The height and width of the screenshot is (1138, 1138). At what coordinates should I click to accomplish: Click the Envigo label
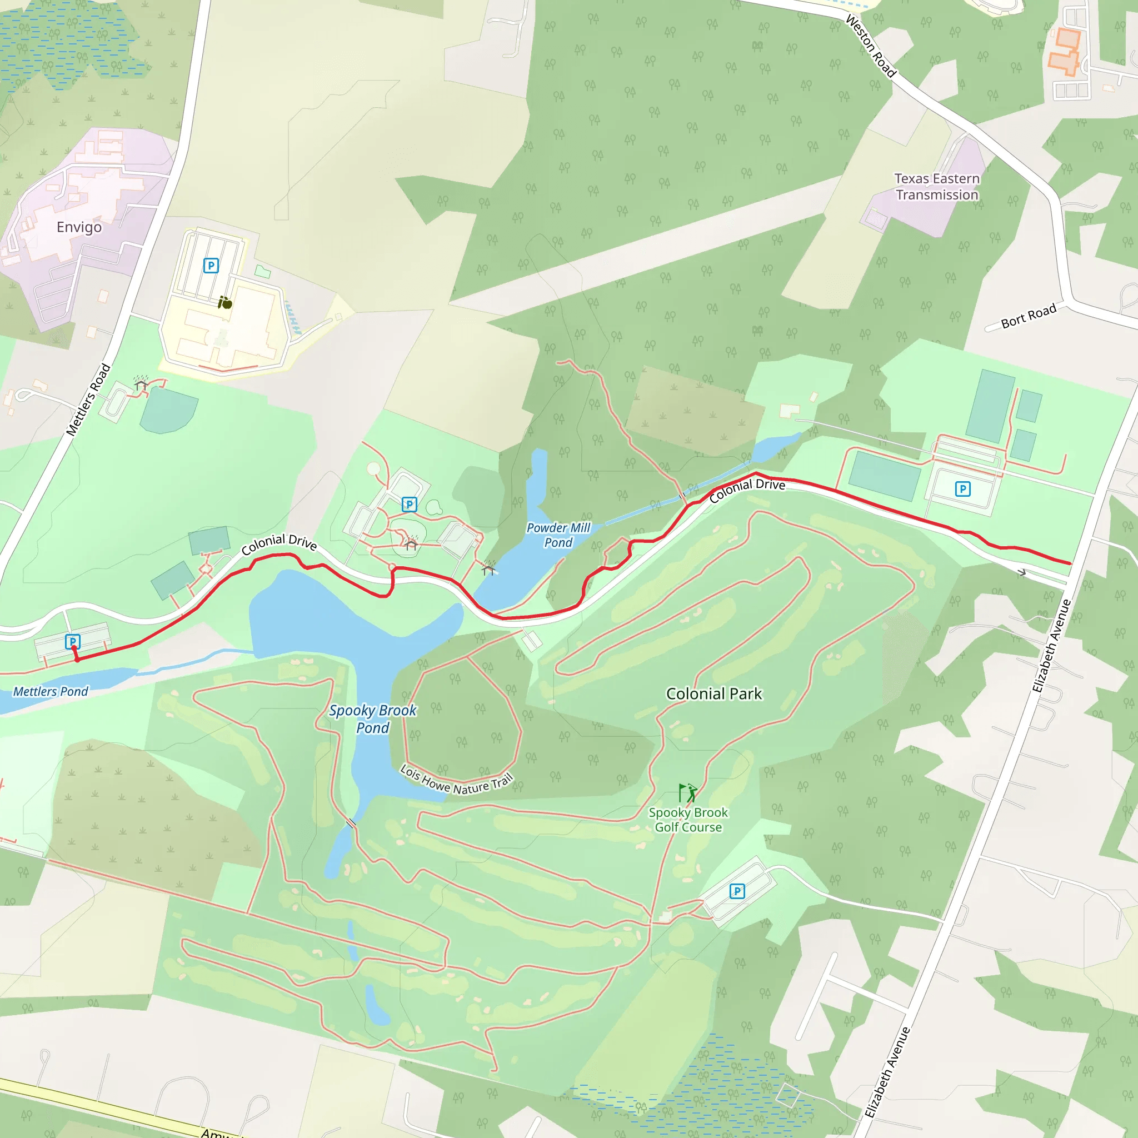click(x=79, y=227)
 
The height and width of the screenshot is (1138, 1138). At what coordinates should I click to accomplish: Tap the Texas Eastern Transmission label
click(x=936, y=187)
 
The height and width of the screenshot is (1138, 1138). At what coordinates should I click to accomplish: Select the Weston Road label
click(x=871, y=46)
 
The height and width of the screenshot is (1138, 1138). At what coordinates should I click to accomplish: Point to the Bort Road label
click(x=1029, y=316)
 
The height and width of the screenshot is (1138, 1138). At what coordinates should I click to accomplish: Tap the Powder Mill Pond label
click(x=558, y=535)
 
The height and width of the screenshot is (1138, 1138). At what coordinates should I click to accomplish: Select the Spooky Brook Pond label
click(x=372, y=718)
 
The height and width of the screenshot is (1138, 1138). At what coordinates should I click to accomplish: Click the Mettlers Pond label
click(x=51, y=691)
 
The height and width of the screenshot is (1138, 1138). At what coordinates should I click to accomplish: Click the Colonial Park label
click(x=714, y=694)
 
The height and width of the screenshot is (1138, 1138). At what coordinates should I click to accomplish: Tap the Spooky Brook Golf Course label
click(x=688, y=820)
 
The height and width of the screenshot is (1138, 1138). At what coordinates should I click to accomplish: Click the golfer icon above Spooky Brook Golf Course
click(x=687, y=793)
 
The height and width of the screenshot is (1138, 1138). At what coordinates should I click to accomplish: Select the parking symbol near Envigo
click(x=211, y=266)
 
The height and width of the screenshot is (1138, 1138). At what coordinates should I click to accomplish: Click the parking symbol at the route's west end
click(x=72, y=641)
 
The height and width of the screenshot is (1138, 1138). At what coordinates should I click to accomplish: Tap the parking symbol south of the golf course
click(x=737, y=891)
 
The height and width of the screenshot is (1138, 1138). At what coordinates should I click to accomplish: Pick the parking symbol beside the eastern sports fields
click(x=962, y=489)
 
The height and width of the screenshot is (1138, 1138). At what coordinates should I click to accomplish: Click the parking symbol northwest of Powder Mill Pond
click(x=410, y=504)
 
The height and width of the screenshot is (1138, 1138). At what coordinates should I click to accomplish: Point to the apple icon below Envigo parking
click(x=225, y=303)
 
